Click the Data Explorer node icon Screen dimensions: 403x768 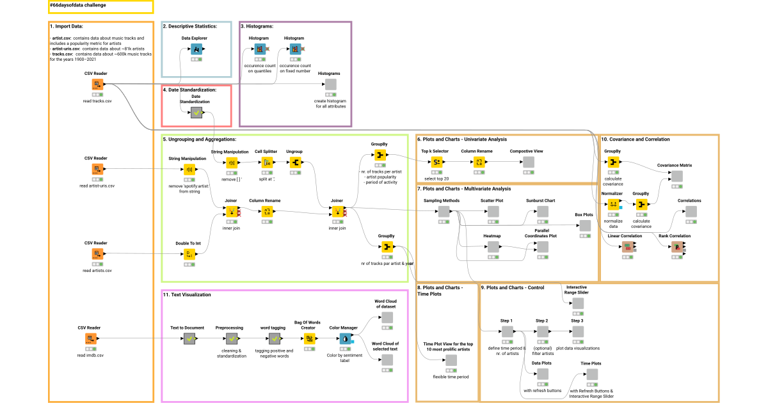pyautogui.click(x=198, y=49)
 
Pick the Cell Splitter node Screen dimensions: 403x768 pyautogui.click(x=268, y=163)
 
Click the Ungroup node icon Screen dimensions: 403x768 pyautogui.click(x=295, y=163)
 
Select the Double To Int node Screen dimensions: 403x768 pyautogui.click(x=189, y=255)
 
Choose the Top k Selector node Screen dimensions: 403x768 pyautogui.click(x=435, y=162)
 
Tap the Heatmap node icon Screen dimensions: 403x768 pyautogui.click(x=493, y=247)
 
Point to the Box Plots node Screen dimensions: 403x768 pyautogui.click(x=584, y=226)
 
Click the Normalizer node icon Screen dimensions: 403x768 pyautogui.click(x=612, y=204)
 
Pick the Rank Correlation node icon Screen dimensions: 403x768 pyautogui.click(x=676, y=247)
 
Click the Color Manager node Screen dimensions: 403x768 pyautogui.click(x=344, y=338)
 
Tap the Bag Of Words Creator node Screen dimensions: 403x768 pyautogui.click(x=309, y=338)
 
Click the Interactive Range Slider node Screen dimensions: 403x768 pyautogui.click(x=577, y=303)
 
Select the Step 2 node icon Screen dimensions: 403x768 pyautogui.click(x=542, y=331)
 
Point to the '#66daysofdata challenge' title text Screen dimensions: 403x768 pyautogui.click(x=79, y=4)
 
